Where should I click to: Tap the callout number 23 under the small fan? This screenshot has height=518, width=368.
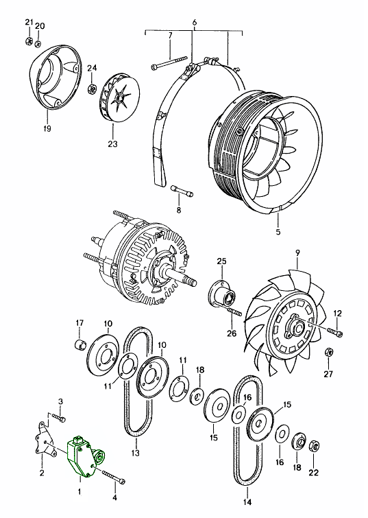click(x=112, y=144)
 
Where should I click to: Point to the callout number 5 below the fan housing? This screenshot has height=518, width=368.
click(x=278, y=232)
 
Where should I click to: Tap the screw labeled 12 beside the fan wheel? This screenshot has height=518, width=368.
click(x=336, y=331)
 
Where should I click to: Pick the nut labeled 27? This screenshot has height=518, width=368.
click(x=329, y=352)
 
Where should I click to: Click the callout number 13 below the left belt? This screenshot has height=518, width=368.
click(x=135, y=453)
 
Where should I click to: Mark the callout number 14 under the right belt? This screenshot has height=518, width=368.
click(x=247, y=502)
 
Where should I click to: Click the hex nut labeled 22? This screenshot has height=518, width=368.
click(x=314, y=447)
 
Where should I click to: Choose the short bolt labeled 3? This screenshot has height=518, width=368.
click(x=58, y=418)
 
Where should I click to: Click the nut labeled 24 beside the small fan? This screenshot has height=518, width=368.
click(x=91, y=89)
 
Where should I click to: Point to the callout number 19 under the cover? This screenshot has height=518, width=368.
click(x=47, y=128)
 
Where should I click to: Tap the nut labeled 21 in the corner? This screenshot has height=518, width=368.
click(x=29, y=41)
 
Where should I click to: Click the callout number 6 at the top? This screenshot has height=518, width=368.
click(x=194, y=23)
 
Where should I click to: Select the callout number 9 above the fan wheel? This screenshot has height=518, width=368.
click(x=297, y=253)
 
